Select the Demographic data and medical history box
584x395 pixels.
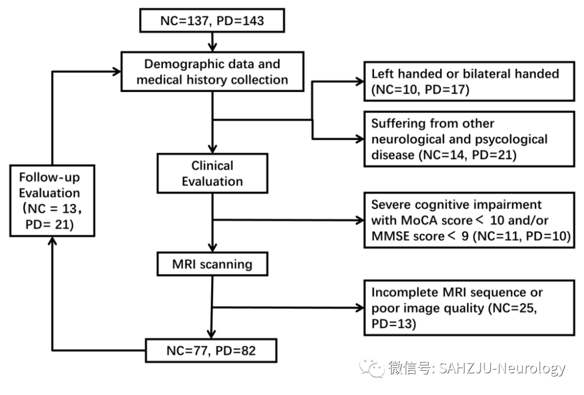click(212, 71)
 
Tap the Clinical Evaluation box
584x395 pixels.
click(212, 173)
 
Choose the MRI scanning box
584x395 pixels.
click(212, 264)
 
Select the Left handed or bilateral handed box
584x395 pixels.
click(469, 81)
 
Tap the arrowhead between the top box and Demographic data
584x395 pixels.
click(213, 46)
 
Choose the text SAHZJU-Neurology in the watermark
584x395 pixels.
click(502, 368)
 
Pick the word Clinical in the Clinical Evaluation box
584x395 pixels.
click(212, 166)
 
